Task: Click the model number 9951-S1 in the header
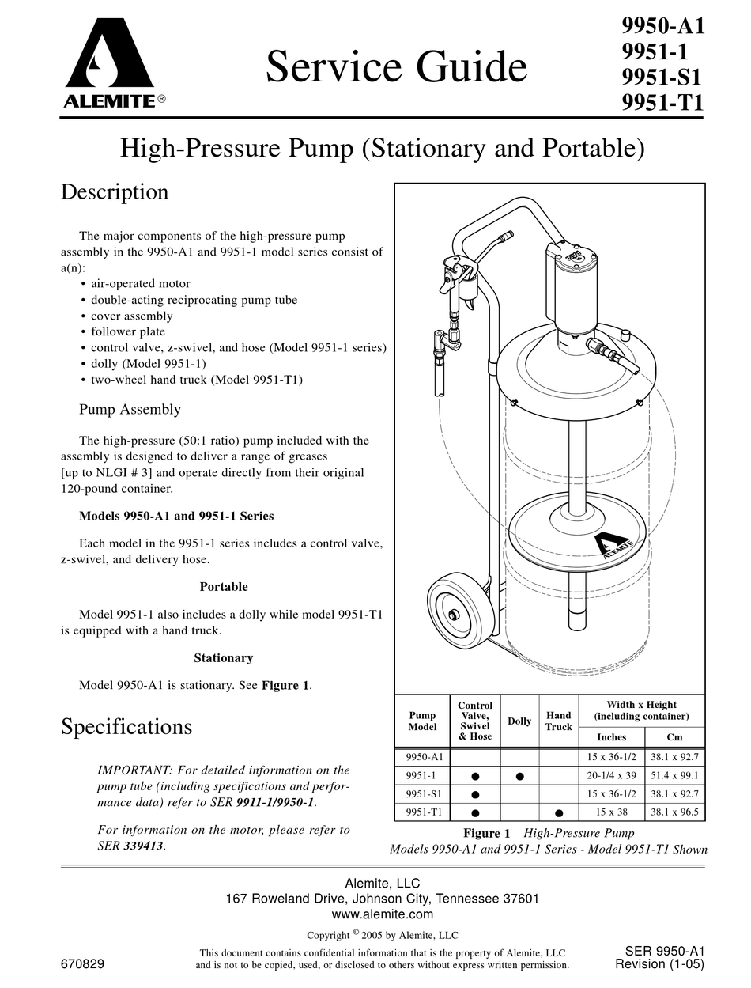tap(662, 78)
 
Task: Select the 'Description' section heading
tap(115, 192)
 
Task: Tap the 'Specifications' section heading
tap(126, 726)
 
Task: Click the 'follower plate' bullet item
tap(127, 332)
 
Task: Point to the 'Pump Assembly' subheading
tap(130, 410)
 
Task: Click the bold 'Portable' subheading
tap(223, 587)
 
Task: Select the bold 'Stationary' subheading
tap(223, 658)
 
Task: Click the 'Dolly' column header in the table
tap(519, 721)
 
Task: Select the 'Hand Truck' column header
tap(559, 721)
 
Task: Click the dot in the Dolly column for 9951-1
tap(519, 776)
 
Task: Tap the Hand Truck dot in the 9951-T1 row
tap(559, 812)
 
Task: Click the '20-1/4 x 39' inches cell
tap(612, 776)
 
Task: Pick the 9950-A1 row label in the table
tap(423, 757)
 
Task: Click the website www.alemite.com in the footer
tap(383, 914)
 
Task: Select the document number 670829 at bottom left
tap(82, 964)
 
